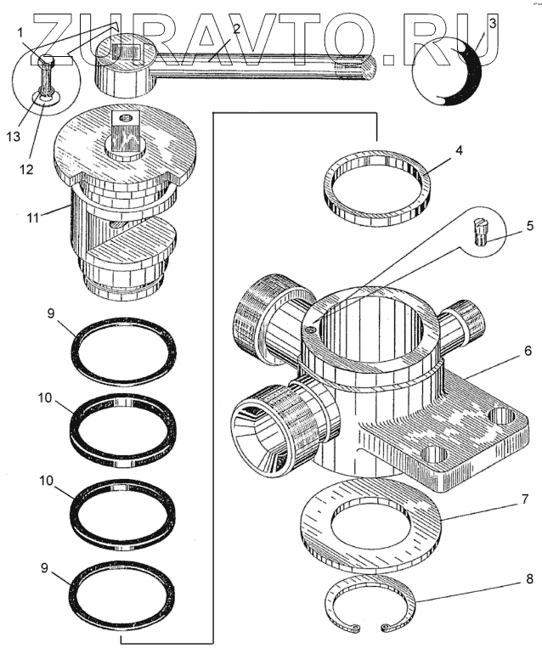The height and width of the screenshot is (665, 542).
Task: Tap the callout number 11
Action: [x=32, y=217]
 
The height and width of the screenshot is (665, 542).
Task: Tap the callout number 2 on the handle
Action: [x=236, y=29]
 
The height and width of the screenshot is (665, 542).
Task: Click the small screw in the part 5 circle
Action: [x=479, y=230]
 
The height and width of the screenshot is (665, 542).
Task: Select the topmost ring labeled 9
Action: [x=124, y=351]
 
